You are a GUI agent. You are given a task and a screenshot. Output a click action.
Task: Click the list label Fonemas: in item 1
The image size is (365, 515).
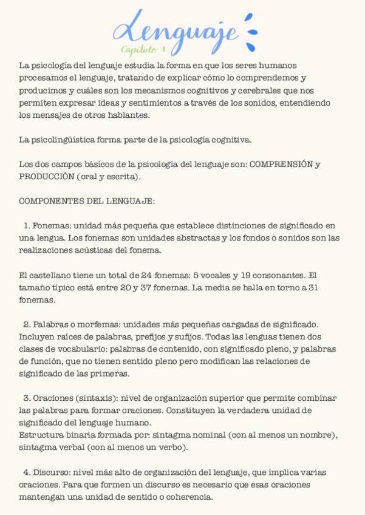click(49, 226)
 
